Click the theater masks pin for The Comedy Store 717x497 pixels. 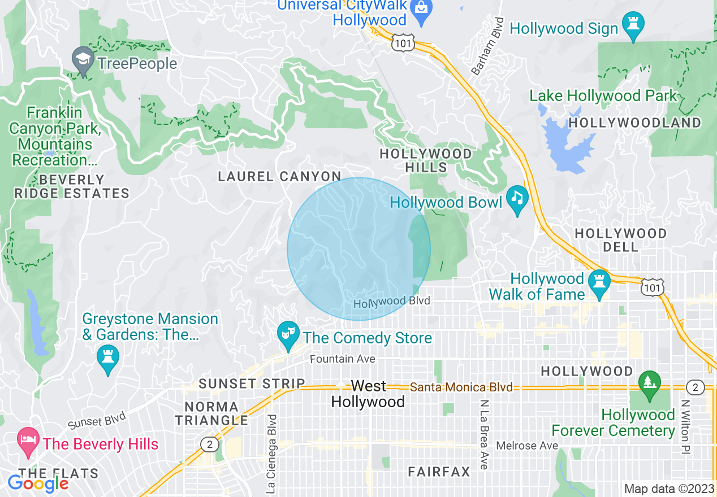point(288,335)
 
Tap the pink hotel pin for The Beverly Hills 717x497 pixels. point(27,442)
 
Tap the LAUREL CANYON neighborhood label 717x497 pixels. point(280,177)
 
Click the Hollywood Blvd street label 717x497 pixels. point(392,302)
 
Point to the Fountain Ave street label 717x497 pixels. point(342,359)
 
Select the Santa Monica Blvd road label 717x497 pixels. point(461,387)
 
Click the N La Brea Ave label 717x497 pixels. point(484,434)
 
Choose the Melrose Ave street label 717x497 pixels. point(527,446)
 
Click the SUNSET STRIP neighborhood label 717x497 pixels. point(252,383)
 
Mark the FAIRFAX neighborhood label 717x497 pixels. point(439,471)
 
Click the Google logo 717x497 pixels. point(38,483)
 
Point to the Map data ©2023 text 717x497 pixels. point(668,489)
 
